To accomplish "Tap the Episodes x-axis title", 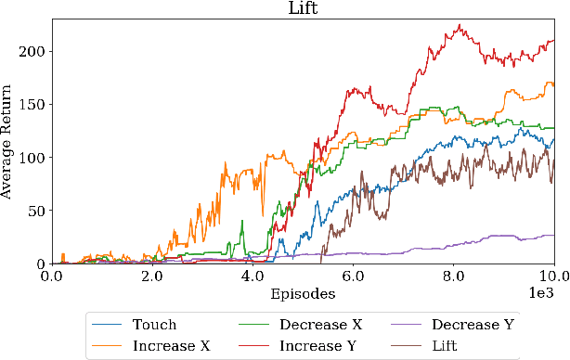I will point(303,293).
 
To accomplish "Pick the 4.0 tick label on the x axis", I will point(253,276).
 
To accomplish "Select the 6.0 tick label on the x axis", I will point(353,276).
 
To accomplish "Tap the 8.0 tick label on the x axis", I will point(454,276).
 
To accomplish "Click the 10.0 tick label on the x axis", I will point(552,276).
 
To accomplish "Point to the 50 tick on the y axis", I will point(34,211).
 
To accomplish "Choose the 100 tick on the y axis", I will point(31,158).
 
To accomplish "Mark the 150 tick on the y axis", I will point(31,105).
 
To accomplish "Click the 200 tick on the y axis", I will point(31,51).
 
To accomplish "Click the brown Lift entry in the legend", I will point(450,345).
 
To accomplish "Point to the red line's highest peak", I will point(457,25).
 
